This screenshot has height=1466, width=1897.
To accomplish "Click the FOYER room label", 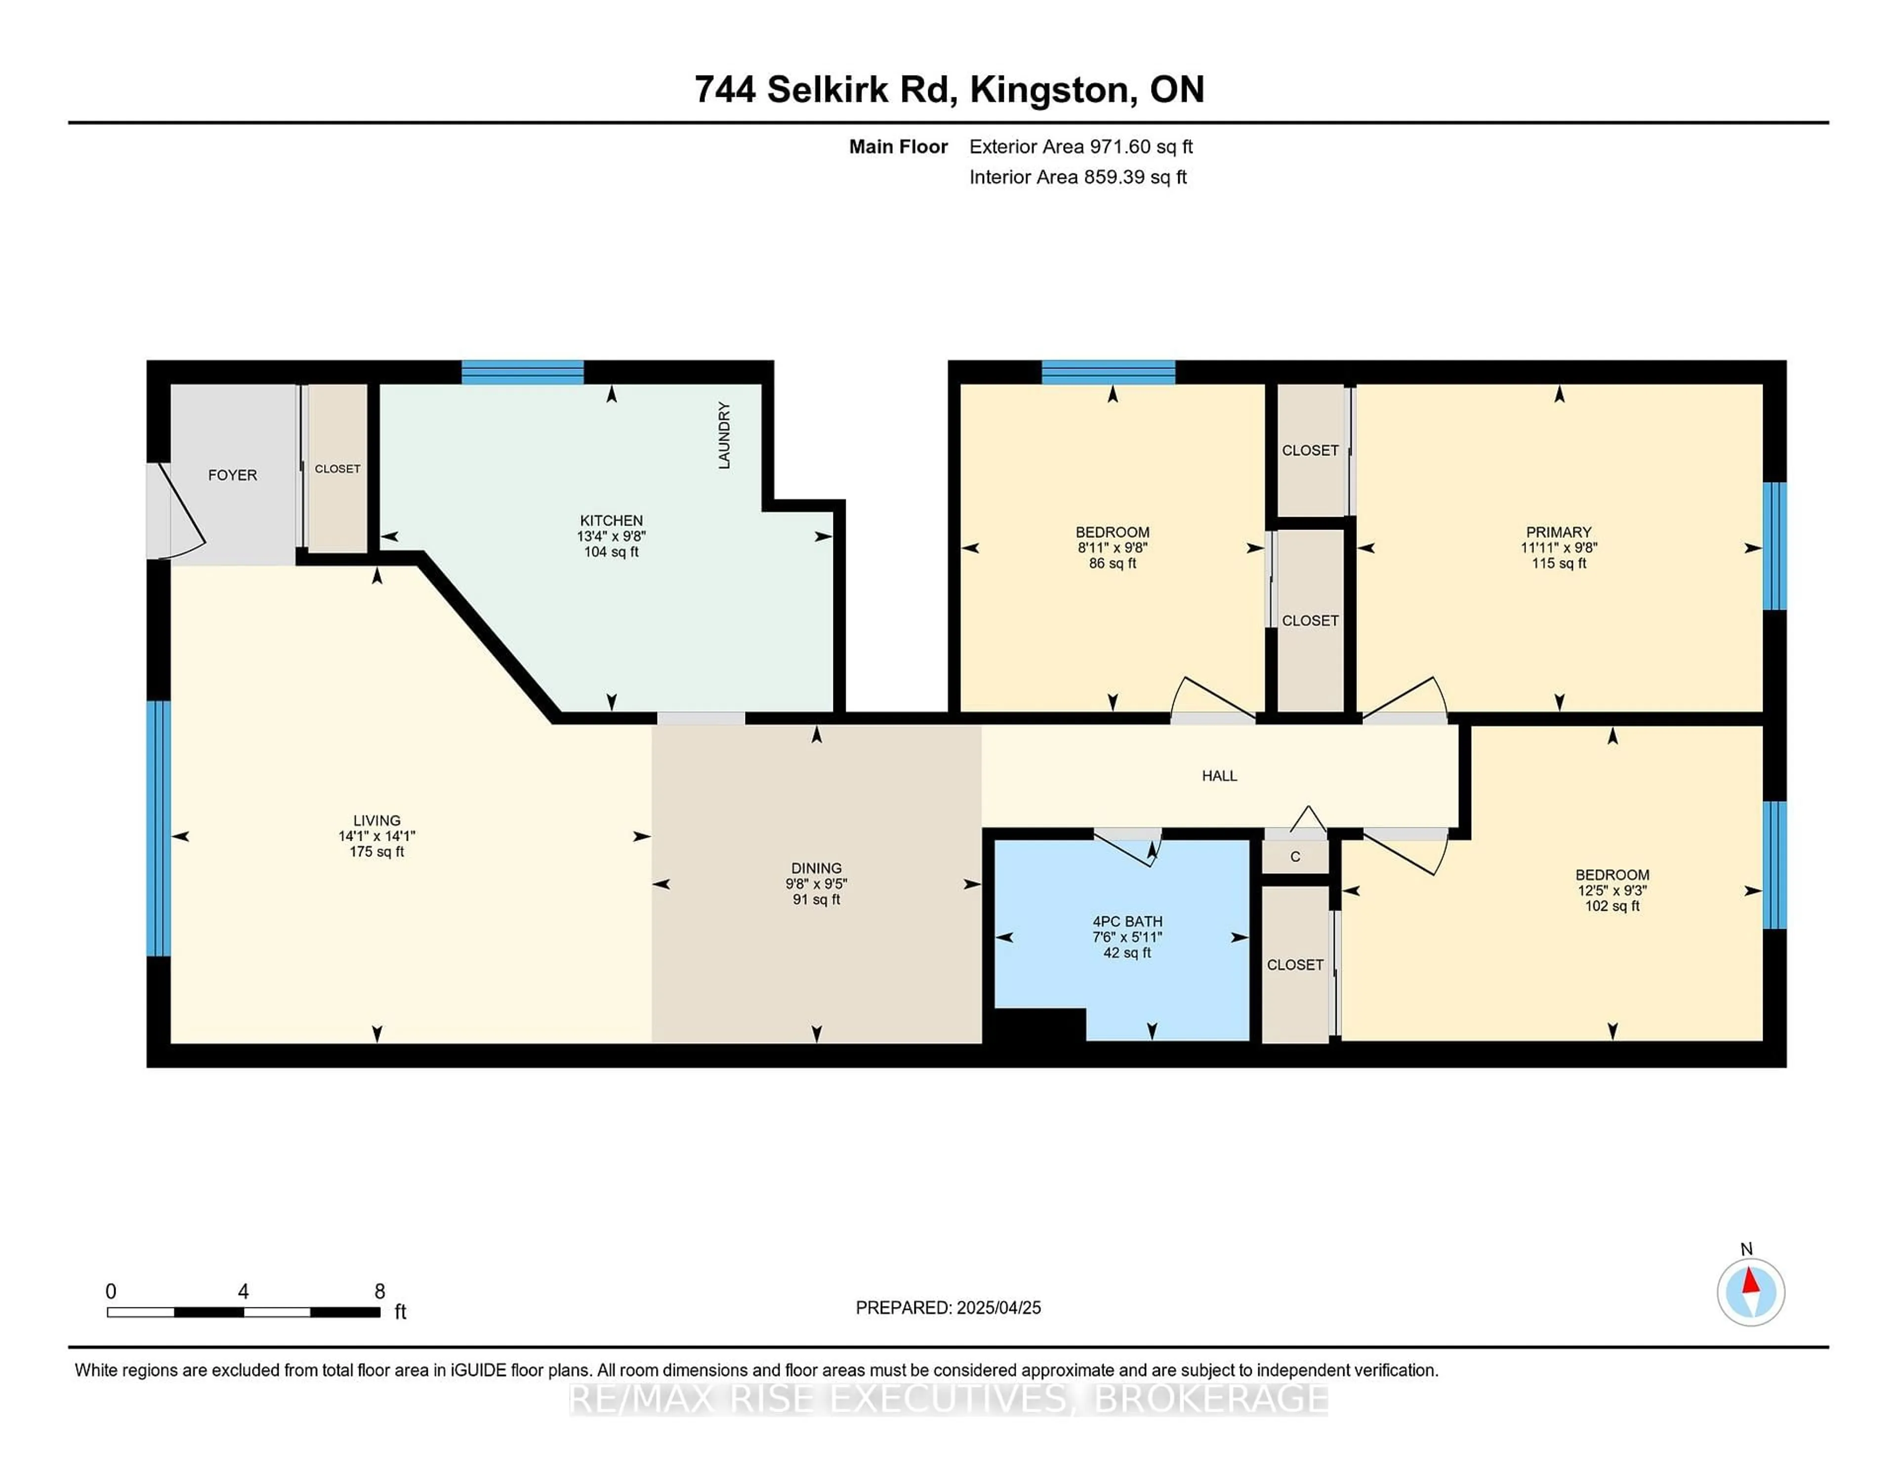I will pyautogui.click(x=232, y=475).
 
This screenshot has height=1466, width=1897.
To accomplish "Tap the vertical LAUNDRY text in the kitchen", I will pyautogui.click(x=724, y=435).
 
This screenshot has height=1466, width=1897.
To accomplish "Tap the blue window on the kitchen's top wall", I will pyautogui.click(x=522, y=372).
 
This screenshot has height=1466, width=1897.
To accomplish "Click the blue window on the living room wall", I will pyautogui.click(x=158, y=828).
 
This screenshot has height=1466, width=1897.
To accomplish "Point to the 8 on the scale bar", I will pyautogui.click(x=379, y=1292).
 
